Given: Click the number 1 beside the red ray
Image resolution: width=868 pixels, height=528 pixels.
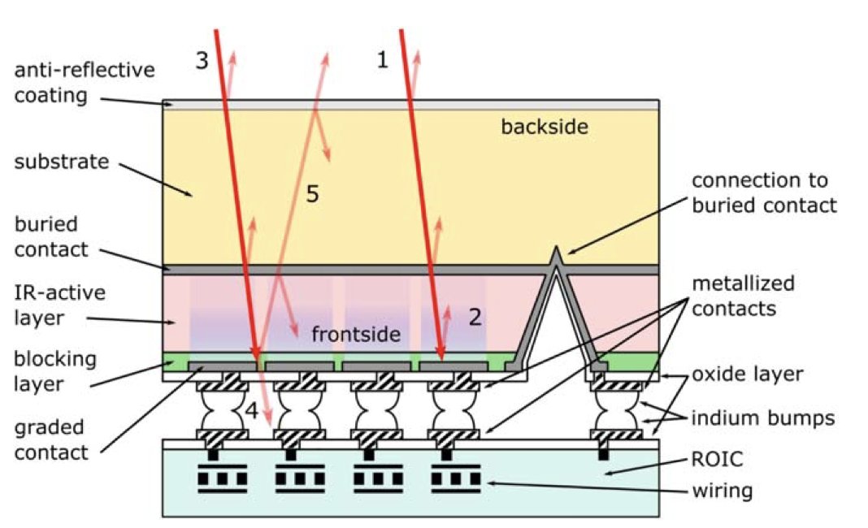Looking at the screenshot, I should pyautogui.click(x=383, y=59).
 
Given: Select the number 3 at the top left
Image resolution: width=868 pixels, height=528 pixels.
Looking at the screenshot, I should pyautogui.click(x=202, y=60).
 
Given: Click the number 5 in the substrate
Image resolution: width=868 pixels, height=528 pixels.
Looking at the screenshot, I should pyautogui.click(x=312, y=194).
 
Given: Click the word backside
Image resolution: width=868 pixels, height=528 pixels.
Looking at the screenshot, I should pyautogui.click(x=544, y=127).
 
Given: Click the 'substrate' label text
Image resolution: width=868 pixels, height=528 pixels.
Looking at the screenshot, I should pyautogui.click(x=62, y=161).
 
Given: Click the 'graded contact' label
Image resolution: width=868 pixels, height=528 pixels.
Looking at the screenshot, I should pyautogui.click(x=51, y=439).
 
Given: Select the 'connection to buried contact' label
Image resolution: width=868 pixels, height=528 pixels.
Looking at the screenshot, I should pyautogui.click(x=763, y=193).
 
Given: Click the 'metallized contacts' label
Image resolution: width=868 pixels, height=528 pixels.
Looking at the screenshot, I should pyautogui.click(x=743, y=296).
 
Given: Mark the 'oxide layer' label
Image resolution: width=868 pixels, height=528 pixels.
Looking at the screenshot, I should pyautogui.click(x=747, y=374).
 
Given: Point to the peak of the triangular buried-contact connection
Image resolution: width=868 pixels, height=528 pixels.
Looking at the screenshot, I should pyautogui.click(x=557, y=247).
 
